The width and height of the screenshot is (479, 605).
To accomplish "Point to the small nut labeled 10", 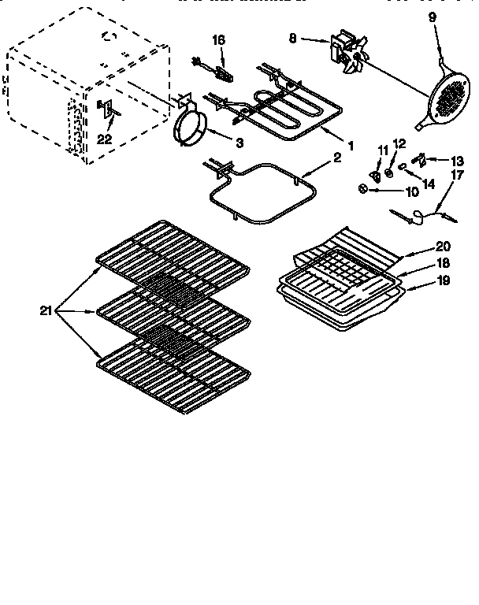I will click(362, 188).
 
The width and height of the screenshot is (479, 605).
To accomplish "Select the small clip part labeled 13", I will click(421, 160).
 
